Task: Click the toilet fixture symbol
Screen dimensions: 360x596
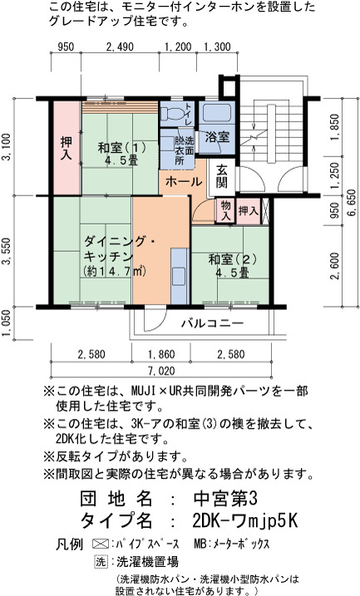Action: click(172, 114)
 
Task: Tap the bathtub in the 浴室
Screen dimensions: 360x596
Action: click(217, 113)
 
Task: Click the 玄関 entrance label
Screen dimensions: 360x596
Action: click(222, 177)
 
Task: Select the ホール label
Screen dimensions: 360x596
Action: click(184, 181)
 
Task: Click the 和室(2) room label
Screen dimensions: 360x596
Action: click(232, 266)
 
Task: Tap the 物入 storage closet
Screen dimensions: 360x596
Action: click(225, 211)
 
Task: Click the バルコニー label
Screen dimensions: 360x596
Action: click(212, 323)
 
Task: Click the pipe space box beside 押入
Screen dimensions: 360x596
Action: click(266, 211)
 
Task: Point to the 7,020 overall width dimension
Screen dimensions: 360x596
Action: click(162, 371)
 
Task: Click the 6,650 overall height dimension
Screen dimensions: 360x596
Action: click(353, 203)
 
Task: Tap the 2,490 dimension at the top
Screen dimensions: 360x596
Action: click(120, 47)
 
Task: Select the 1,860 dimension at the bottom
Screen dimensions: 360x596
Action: click(161, 354)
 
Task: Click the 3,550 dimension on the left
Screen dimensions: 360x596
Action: click(7, 251)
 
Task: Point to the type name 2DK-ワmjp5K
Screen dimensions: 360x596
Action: click(244, 521)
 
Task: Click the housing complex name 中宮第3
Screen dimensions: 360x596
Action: click(225, 498)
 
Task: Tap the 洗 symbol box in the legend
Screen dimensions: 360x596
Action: click(101, 561)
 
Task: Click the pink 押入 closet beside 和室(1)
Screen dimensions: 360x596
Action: click(67, 148)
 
